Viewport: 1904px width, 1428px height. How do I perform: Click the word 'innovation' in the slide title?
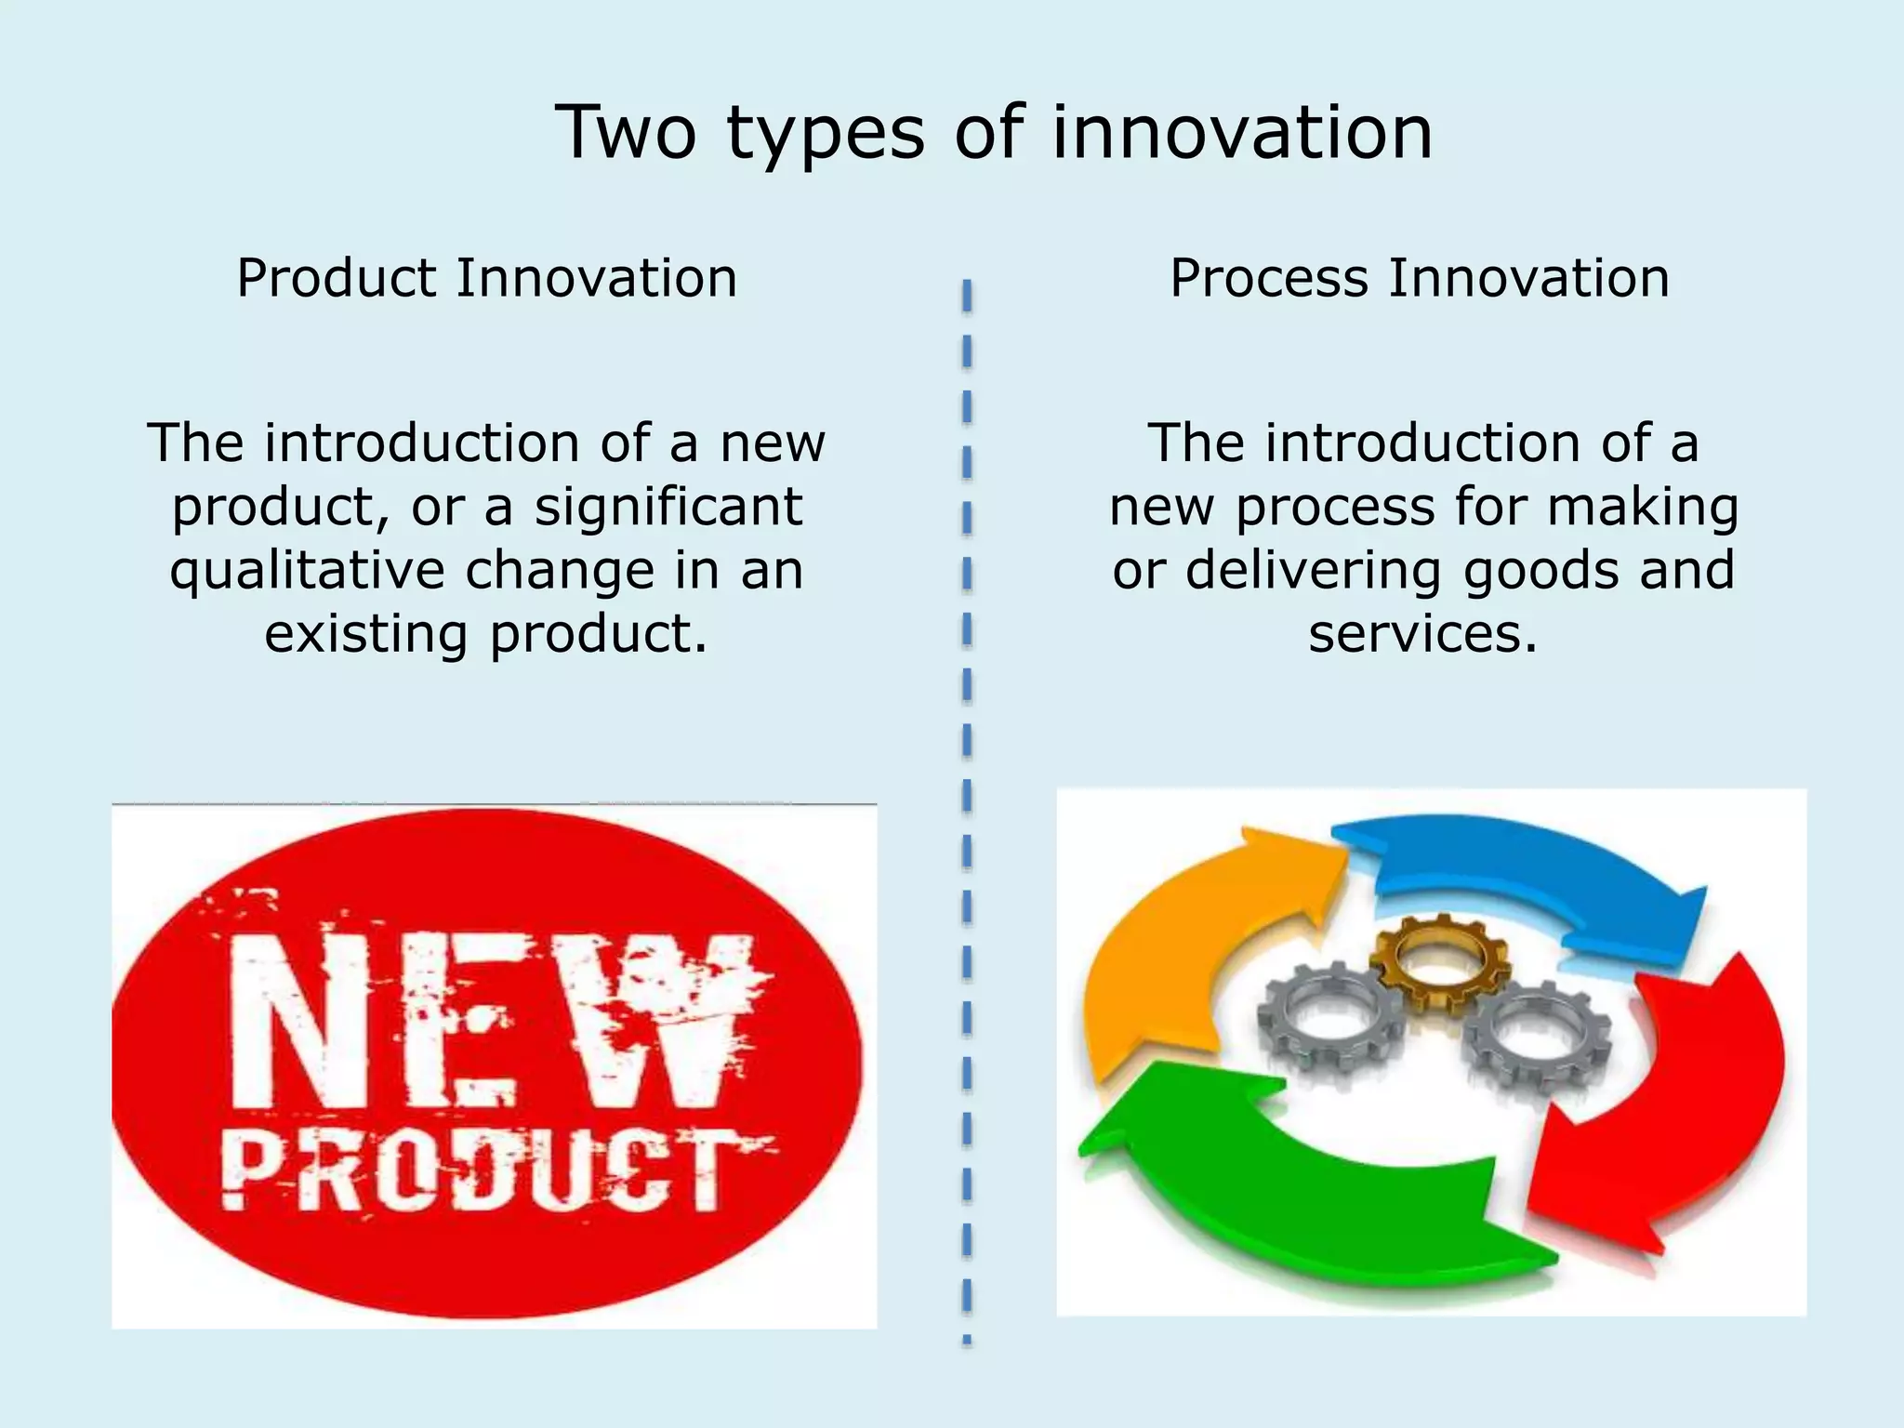click(x=1242, y=132)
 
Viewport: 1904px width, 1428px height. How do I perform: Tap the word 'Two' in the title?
click(x=625, y=132)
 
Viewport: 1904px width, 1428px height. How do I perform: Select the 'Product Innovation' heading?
click(x=486, y=278)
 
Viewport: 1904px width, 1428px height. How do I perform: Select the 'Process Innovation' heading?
click(x=1420, y=278)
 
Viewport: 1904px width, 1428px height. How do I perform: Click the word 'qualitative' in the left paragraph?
click(x=307, y=571)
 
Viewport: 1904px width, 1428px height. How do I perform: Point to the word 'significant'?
click(x=668, y=508)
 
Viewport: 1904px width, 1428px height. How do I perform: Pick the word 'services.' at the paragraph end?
click(x=1422, y=635)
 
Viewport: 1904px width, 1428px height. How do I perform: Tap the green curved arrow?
click(x=1302, y=1181)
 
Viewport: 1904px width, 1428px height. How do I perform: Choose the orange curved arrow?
click(x=1181, y=948)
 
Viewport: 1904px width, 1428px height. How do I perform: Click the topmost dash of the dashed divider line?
click(x=967, y=296)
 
